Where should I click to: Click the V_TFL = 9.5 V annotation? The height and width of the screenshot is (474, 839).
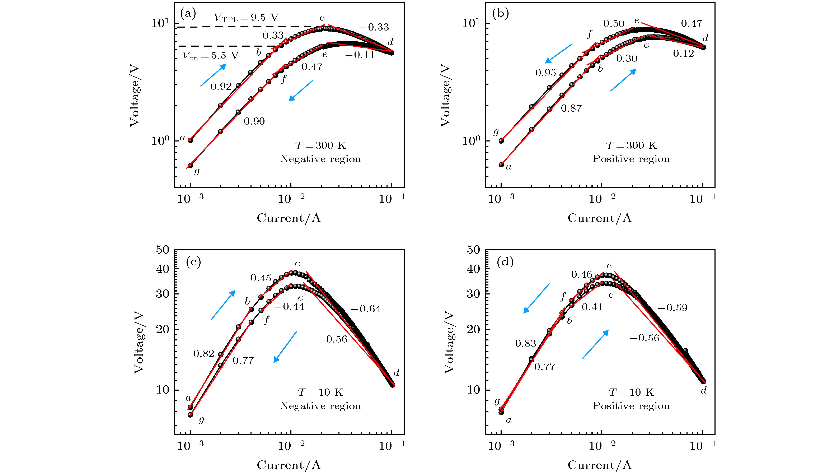246,18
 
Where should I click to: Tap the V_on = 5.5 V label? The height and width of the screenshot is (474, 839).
210,56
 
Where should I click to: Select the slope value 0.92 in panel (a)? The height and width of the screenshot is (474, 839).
221,86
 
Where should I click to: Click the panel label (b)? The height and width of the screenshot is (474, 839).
501,14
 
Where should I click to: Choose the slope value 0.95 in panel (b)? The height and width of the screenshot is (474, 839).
545,73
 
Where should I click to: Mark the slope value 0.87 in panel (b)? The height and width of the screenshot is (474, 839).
571,108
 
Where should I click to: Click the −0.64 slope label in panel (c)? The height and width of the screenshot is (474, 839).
365,309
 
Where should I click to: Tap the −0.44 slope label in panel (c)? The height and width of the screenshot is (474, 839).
289,307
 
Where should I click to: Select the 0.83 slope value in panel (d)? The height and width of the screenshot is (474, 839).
525,343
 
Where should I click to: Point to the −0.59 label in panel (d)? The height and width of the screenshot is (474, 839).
672,308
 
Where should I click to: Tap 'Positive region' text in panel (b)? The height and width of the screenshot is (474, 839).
631,159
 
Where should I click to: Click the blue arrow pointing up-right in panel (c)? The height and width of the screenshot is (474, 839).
223,305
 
